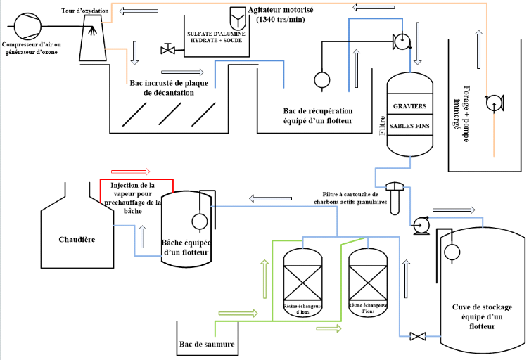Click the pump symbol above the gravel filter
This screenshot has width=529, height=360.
click(402, 41)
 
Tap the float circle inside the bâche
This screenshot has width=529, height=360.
click(199, 221)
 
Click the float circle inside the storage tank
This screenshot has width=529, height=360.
click(451, 251)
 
